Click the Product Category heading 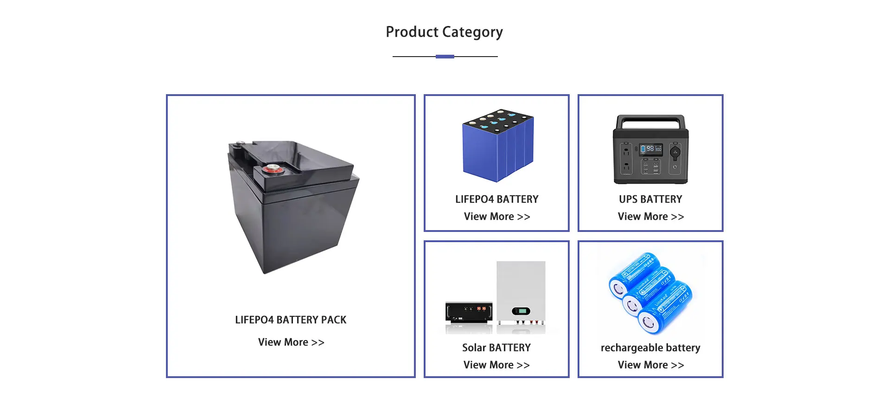pos(444,32)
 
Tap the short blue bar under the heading pos(445,57)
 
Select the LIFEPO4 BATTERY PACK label pos(291,320)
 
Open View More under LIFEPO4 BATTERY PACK pos(291,342)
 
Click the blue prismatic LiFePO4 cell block pos(497,146)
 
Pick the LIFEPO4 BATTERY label pos(496,199)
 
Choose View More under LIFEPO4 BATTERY pos(496,217)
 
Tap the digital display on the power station pos(651,149)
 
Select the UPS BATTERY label pos(650,199)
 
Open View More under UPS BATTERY pos(650,217)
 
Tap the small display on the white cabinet pos(521,311)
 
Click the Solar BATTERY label pos(496,348)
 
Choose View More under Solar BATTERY pos(496,365)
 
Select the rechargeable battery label pos(650,348)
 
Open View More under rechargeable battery pos(650,365)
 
